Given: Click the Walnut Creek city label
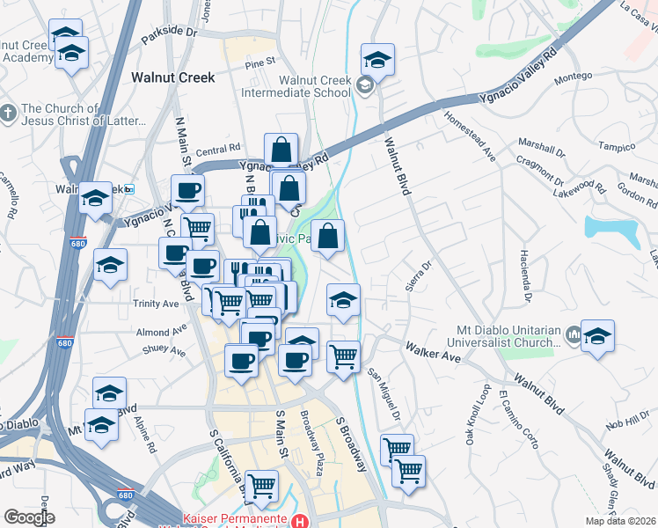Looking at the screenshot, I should (x=172, y=77).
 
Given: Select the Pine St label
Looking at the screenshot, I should (x=260, y=62).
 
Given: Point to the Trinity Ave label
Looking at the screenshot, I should (x=157, y=303).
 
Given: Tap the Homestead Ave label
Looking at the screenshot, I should (x=470, y=135).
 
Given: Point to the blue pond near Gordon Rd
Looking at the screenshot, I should (x=613, y=231).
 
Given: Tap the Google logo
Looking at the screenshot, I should (x=29, y=517).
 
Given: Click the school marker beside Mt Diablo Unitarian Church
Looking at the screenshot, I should (x=597, y=336).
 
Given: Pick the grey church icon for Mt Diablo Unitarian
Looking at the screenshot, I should (x=574, y=334).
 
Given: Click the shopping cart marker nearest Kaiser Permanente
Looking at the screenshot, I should (x=261, y=486).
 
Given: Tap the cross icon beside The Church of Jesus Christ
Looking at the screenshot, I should (x=7, y=114).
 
